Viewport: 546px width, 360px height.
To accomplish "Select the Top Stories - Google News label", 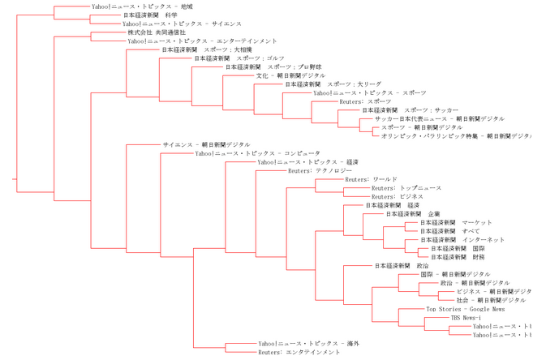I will click(465, 309).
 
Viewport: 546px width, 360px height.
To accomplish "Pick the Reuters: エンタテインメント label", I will click(299, 353).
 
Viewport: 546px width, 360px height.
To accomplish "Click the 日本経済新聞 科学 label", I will click(150, 15).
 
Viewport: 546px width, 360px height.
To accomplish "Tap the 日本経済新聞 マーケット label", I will click(456, 223).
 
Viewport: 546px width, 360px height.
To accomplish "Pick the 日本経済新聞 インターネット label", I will click(462, 240).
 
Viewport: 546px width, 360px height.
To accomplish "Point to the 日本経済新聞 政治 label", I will click(401, 266).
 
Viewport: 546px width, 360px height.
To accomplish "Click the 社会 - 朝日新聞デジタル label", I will click(485, 300).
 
